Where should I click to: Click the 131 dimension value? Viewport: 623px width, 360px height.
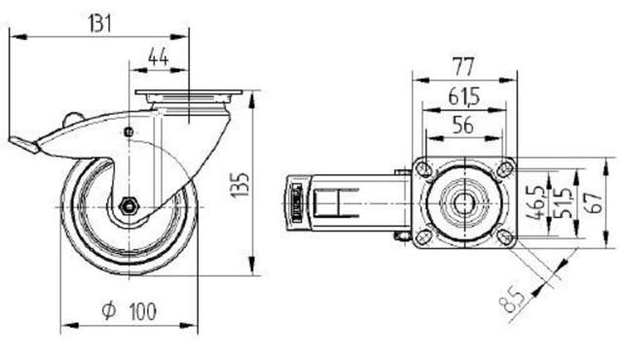[x=99, y=23]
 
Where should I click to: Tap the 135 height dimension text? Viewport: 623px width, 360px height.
[x=240, y=185]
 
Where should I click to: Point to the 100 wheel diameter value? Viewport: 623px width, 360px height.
[x=143, y=311]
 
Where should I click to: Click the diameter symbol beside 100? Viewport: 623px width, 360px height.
[x=108, y=310]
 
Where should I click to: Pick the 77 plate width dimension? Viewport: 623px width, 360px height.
[x=463, y=67]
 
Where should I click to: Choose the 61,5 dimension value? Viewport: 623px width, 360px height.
[x=464, y=96]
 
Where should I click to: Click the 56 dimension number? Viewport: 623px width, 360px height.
[x=463, y=126]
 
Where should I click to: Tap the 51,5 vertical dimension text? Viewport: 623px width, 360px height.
[x=564, y=202]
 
